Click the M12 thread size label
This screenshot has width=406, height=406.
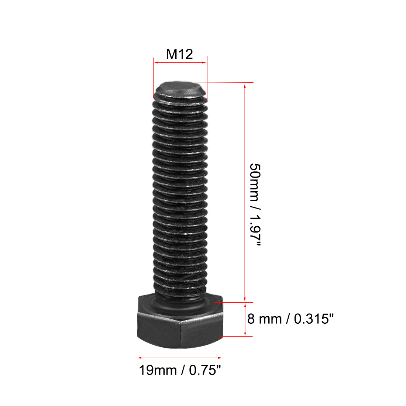pyautogui.click(x=179, y=54)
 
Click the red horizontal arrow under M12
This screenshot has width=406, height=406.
pyautogui.click(x=180, y=63)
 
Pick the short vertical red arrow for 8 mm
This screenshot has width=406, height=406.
pyautogui.click(x=245, y=319)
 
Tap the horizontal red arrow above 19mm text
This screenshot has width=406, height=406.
pyautogui.click(x=180, y=357)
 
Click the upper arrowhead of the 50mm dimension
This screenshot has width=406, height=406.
pyautogui.click(x=245, y=86)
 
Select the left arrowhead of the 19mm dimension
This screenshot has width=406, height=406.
pyautogui.click(x=140, y=357)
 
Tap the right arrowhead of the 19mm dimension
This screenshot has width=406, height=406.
pyautogui.click(x=220, y=357)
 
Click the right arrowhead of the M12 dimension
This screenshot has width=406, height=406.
pyautogui.click(x=204, y=63)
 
